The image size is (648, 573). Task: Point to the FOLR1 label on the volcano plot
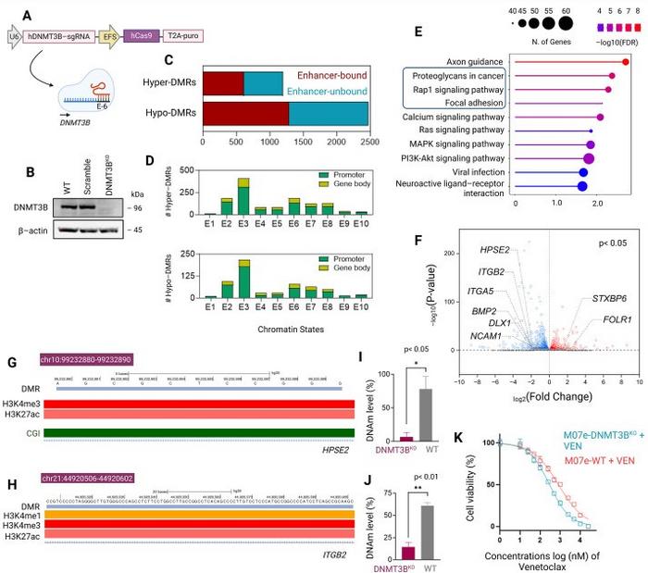click(598, 319)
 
